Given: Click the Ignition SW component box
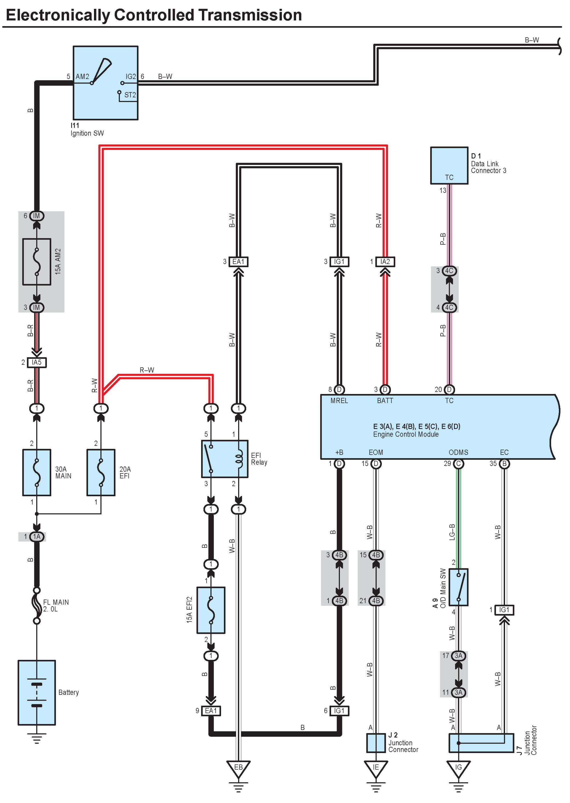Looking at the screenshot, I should [105, 83].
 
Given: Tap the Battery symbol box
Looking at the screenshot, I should [37, 692].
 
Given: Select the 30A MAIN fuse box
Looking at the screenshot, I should [37, 472].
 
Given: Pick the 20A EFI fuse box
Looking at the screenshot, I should [101, 472].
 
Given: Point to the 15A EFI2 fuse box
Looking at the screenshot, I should [211, 610].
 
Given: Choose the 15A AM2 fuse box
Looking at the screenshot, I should [37, 262].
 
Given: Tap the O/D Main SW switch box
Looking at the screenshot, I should [458, 587].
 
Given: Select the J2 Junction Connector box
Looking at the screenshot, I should [376, 743].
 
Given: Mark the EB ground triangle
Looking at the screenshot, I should [238, 768].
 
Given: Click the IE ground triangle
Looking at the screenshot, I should [376, 768].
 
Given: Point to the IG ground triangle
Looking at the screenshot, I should [458, 768].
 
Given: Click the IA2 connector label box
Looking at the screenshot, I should [385, 262].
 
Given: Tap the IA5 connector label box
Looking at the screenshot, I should [37, 362].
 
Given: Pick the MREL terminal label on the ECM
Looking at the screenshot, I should [339, 401].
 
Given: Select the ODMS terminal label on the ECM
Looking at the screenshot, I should [458, 452].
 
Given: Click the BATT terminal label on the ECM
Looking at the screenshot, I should [385, 401].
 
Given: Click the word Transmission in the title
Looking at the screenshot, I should [250, 15].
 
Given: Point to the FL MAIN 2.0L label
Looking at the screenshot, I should [56, 605].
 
